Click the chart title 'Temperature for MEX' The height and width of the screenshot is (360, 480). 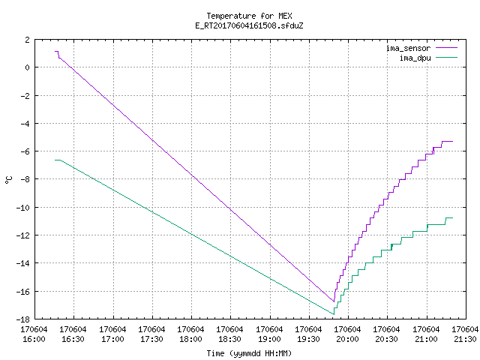(249, 16)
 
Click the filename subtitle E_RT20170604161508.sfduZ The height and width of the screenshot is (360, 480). (249, 25)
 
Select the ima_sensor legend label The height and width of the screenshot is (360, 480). (408, 48)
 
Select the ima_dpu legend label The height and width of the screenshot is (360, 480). (415, 58)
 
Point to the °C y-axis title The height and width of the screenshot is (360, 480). (9, 180)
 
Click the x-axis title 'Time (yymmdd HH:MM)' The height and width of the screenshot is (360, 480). (249, 353)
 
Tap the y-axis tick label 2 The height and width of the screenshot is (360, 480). (28, 40)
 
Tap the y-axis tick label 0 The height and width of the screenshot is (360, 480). (28, 67)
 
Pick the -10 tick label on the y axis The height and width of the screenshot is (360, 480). (23, 208)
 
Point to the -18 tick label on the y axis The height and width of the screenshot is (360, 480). (23, 319)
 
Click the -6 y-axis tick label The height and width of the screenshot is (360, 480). (25, 151)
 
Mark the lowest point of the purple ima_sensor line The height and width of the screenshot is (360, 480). (334, 301)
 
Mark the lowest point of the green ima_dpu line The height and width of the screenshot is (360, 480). (334, 314)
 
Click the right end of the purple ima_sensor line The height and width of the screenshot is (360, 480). (452, 142)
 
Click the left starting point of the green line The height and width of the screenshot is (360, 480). (55, 160)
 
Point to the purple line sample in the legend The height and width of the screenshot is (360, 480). (447, 48)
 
